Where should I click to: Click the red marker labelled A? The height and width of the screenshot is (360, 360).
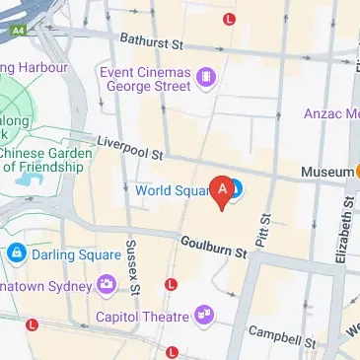tap(223, 189)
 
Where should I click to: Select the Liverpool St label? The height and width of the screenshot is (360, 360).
tap(128, 149)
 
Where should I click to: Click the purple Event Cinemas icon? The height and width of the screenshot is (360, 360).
tap(205, 75)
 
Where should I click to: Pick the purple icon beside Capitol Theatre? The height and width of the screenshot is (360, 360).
tap(205, 316)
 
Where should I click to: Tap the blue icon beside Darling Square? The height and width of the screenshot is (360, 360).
tap(17, 253)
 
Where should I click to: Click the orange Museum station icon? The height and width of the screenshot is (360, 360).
tap(357, 172)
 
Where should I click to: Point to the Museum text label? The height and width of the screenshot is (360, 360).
tap(325, 172)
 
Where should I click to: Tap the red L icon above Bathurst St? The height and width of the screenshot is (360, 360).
tap(230, 19)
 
